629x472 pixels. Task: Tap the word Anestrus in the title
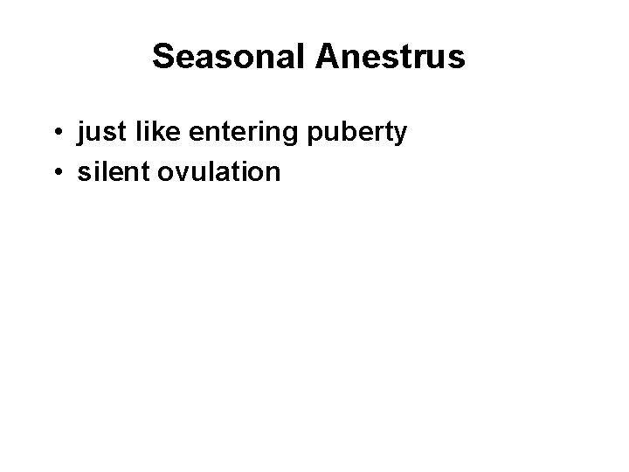click(x=391, y=57)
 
